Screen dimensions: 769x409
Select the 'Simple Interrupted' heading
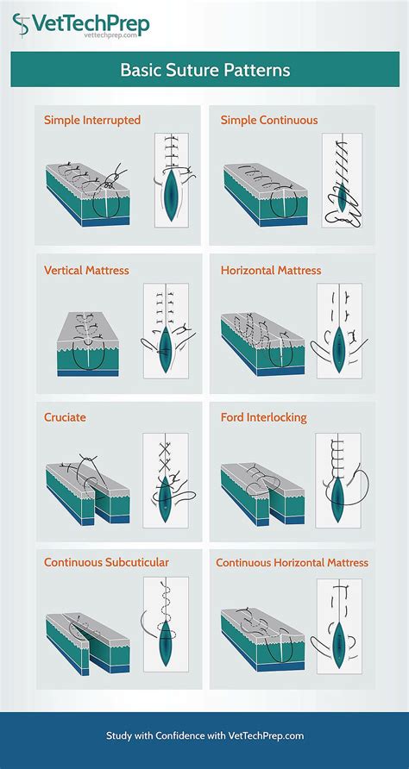click(92, 120)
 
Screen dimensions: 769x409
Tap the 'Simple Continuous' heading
click(269, 120)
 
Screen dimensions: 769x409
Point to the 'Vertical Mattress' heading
click(86, 270)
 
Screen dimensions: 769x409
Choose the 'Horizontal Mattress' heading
click(270, 270)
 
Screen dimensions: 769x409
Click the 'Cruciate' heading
click(65, 417)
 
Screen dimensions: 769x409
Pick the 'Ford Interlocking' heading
click(263, 417)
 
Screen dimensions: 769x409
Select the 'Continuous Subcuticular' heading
click(106, 562)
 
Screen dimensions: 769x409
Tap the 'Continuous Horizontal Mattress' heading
click(292, 562)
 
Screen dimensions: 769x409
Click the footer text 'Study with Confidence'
click(204, 735)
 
